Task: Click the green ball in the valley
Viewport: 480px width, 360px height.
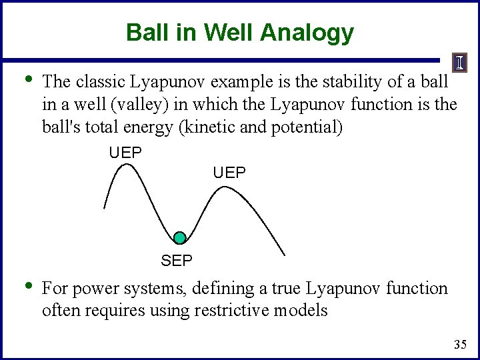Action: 179,238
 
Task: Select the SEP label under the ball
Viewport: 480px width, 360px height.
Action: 177,261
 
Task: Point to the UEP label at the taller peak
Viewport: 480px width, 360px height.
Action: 125,153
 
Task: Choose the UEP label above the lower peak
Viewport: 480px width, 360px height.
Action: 229,173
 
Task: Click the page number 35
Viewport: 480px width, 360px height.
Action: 459,345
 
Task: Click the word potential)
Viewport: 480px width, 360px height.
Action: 311,127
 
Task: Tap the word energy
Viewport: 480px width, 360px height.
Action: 159,127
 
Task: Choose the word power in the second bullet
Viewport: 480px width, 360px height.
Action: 92,289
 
